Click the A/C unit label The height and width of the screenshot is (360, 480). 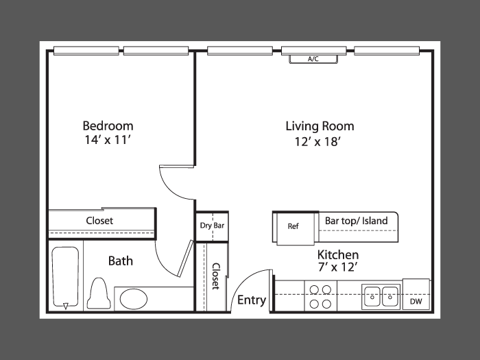pos(313,59)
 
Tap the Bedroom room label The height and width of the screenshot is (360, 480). pos(108,125)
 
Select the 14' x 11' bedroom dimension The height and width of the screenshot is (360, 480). pos(108,140)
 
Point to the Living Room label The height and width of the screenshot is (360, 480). pos(320,126)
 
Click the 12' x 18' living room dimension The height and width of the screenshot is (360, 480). pos(317,142)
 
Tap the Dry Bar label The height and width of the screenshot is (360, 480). pos(212,226)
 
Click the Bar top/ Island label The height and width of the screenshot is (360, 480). pos(357,221)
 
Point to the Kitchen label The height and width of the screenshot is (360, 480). pos(338,254)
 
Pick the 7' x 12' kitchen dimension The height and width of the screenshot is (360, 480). pos(338,267)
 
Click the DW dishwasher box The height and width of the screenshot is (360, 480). pos(416,294)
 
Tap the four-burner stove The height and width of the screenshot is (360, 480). pos(320,296)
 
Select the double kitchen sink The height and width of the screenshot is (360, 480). pos(381,297)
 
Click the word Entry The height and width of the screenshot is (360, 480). pos(252,300)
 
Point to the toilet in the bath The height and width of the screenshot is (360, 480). pos(99,293)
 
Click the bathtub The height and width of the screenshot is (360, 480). pos(65,277)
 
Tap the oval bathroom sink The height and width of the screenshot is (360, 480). pos(134,299)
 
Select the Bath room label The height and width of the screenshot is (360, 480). pos(121,261)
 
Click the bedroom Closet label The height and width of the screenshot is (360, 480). pos(99,221)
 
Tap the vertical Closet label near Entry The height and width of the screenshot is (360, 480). pos(216,276)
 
